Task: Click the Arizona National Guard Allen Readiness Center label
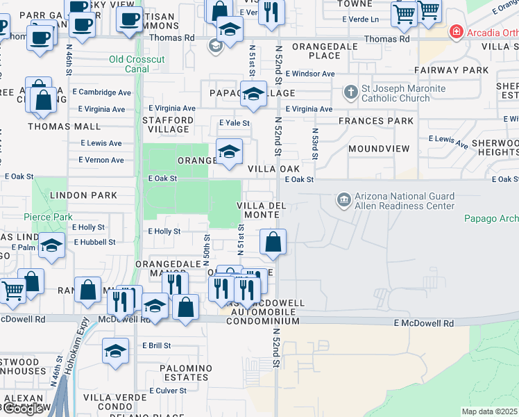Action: tap(404, 201)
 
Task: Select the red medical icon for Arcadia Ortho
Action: tap(456, 31)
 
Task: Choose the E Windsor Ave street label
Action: tap(309, 74)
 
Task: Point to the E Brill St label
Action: tap(157, 345)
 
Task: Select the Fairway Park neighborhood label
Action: tap(452, 70)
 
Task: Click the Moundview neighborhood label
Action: tap(375, 149)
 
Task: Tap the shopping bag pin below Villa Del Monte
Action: tap(273, 243)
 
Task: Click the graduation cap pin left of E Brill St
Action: tap(115, 351)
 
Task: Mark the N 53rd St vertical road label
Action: tap(314, 143)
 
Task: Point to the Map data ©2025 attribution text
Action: tap(490, 411)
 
